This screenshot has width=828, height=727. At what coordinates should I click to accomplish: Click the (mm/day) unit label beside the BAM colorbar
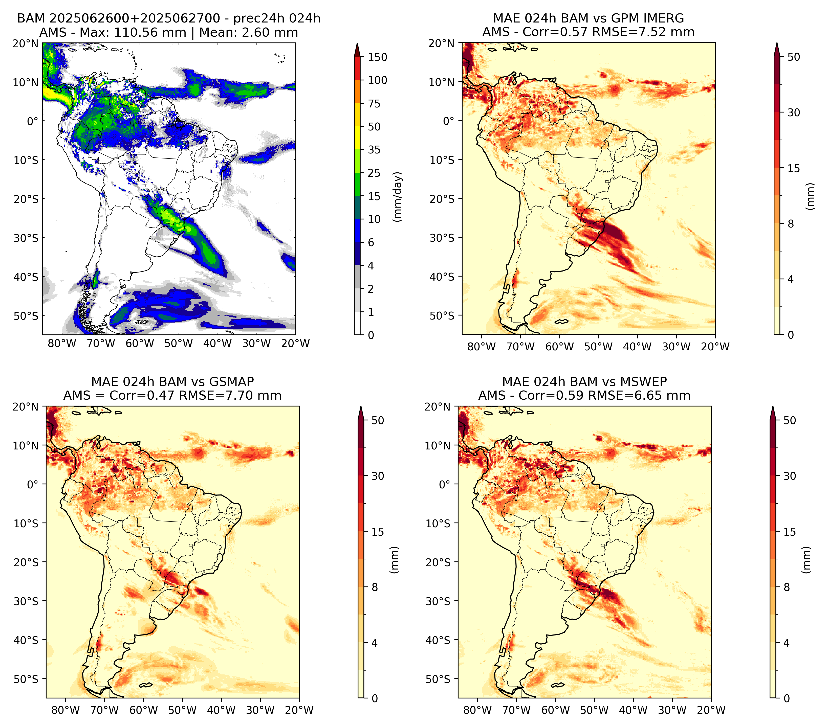(398, 197)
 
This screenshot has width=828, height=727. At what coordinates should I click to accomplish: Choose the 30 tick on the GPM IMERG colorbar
(794, 112)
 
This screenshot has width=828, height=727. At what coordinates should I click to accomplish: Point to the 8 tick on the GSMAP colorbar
(375, 587)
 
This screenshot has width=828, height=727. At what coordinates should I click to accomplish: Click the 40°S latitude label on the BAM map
(26, 277)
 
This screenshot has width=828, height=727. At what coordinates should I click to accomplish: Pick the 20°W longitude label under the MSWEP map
(711, 710)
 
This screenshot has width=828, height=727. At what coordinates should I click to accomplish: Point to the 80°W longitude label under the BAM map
(62, 343)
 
